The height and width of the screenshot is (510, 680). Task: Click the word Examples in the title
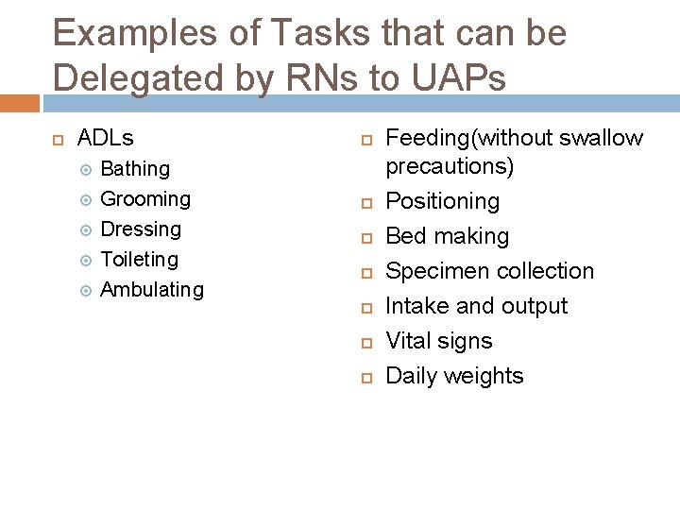point(132,33)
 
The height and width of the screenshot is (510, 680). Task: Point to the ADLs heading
point(105,138)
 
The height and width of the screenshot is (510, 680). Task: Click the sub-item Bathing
point(135,169)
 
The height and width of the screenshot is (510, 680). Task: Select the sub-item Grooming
point(145,199)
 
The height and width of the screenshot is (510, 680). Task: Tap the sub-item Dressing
point(141,229)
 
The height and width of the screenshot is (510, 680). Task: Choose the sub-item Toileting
point(139,260)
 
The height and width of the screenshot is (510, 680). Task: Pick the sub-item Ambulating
point(152,290)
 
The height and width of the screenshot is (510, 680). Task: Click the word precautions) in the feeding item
point(450,167)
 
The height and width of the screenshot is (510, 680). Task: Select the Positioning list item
point(443,201)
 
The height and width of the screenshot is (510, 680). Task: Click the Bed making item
point(448,236)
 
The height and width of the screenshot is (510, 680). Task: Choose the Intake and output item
point(477,306)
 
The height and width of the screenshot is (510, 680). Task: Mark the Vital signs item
point(439,341)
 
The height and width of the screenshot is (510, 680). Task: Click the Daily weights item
point(454,376)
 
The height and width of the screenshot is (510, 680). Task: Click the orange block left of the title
point(19,103)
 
